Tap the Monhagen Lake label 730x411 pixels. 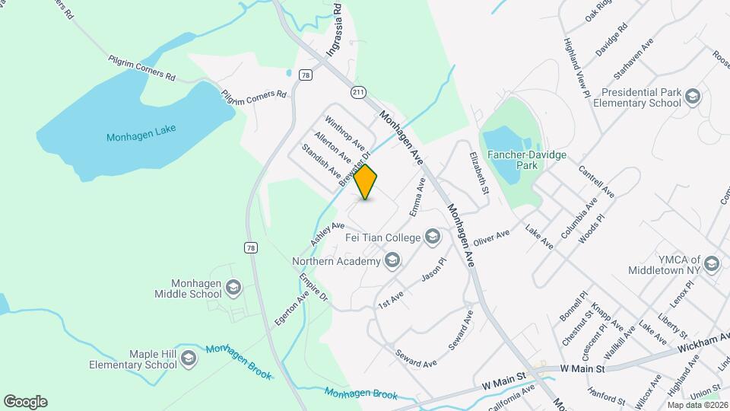pos(141,133)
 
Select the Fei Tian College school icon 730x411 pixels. pos(433,237)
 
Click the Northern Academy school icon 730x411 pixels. pos(392,262)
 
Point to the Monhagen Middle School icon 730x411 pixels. pos(233,287)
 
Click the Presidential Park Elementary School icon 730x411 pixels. pos(692,97)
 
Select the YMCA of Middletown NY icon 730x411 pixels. pos(712,264)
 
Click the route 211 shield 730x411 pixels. pos(358,92)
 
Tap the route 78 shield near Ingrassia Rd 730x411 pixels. pos(305,75)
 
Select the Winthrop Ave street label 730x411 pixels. pos(345,132)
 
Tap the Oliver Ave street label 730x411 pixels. pos(491,238)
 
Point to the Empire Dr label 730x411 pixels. pos(313,286)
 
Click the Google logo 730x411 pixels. pos(25,402)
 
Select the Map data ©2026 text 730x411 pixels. pos(696,404)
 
